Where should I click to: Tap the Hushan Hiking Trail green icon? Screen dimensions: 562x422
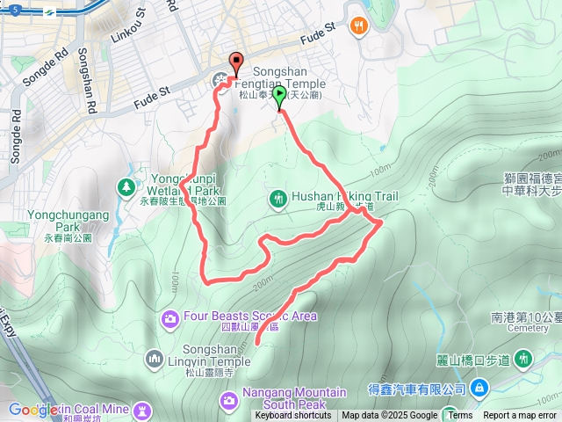tap(278, 199)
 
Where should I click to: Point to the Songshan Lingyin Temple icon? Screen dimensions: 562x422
tap(155, 357)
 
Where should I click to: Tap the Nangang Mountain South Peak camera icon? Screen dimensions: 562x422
tap(228, 401)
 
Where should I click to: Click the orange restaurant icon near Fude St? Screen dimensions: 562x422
tap(357, 26)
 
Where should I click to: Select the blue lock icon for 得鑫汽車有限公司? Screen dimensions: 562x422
tap(479, 388)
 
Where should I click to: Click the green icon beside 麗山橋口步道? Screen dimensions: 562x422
tap(524, 358)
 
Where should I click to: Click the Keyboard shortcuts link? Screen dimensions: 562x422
tap(293, 416)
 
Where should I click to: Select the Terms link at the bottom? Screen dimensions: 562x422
tap(460, 416)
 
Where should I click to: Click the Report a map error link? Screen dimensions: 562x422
tap(520, 416)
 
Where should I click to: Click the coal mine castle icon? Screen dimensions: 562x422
tap(140, 411)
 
